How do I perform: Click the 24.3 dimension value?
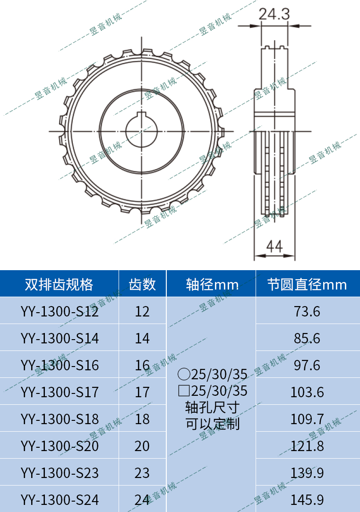[x=274, y=14]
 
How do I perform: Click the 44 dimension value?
[x=274, y=246]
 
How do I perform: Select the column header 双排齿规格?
[x=59, y=284]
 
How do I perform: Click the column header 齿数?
[x=142, y=284]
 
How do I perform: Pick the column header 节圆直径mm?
[x=307, y=284]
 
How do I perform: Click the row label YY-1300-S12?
[x=60, y=312]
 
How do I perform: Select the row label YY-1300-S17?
[x=60, y=392]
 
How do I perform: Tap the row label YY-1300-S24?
[x=60, y=500]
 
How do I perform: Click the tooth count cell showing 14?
[x=142, y=339]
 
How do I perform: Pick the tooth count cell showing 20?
[x=142, y=446]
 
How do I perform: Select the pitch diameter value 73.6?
[x=307, y=312]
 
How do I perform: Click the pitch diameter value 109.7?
[x=307, y=419]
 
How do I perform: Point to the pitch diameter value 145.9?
[x=307, y=500]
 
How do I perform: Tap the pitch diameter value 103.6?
[x=307, y=392]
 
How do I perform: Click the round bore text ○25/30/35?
[x=213, y=375]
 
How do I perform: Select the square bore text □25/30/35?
[x=213, y=391]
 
